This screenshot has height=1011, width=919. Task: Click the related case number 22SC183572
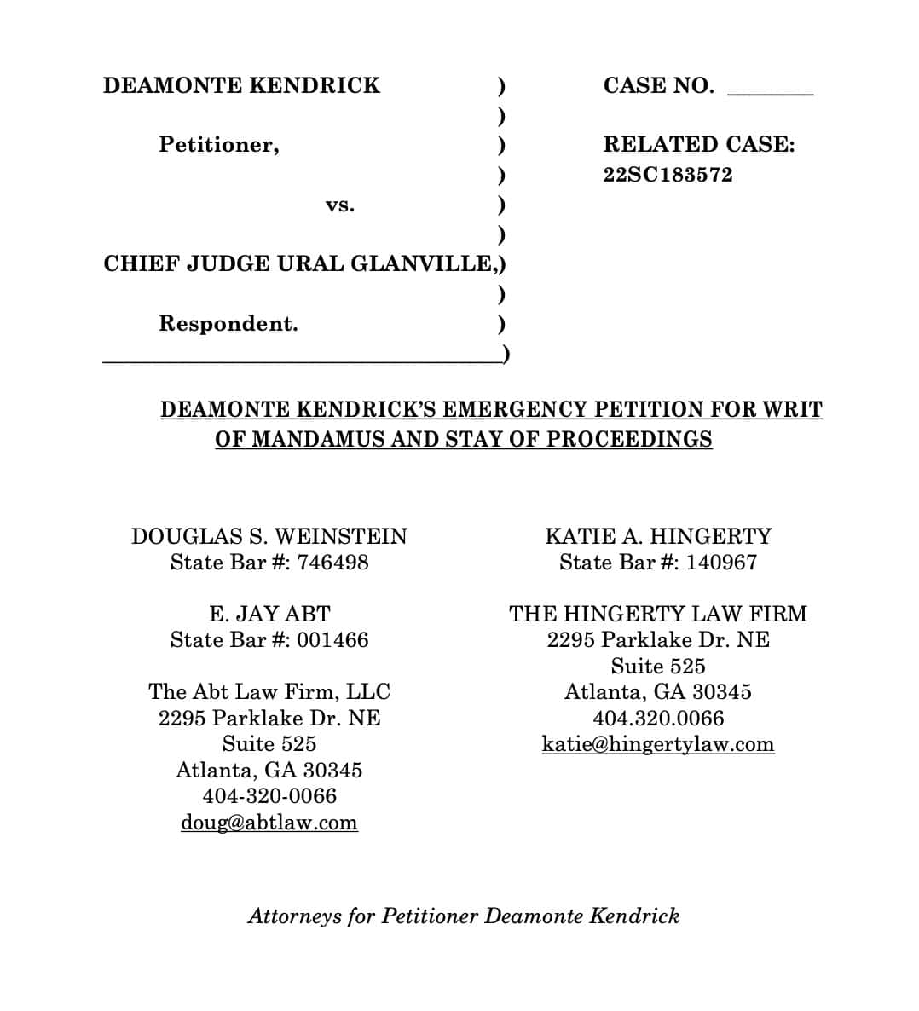pos(668,175)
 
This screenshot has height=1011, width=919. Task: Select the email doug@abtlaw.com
pos(269,823)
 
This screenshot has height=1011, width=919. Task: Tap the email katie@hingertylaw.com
pos(658,744)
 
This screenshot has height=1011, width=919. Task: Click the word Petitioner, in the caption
pos(219,145)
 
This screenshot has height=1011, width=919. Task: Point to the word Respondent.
pos(228,324)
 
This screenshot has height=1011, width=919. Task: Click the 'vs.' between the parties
pos(340,205)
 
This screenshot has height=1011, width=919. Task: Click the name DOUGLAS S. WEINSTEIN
pos(269,536)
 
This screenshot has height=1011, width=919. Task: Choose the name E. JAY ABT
pos(269,614)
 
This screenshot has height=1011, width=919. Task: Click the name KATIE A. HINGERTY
pos(658,536)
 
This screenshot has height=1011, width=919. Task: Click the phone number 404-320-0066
pos(269,796)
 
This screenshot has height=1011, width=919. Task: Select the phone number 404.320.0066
pos(658,719)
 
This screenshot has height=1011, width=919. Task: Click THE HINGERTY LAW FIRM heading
pos(658,614)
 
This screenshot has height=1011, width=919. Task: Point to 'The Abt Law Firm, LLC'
pos(269,691)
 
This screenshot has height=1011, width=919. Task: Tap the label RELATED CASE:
pos(699,145)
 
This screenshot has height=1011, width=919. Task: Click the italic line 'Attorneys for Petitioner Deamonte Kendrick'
pos(464,916)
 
